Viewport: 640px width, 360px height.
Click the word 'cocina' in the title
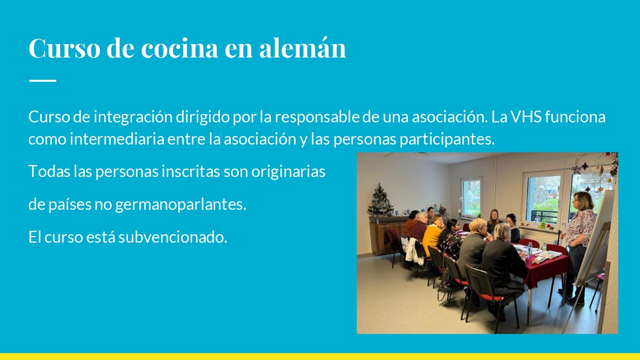180,48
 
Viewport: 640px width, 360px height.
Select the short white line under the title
43,81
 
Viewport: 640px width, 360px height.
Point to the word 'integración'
133,118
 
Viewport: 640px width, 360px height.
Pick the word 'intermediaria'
117,139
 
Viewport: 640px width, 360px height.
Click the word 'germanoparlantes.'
181,205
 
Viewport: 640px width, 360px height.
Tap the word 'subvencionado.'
173,237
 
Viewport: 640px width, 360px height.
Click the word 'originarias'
288,172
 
